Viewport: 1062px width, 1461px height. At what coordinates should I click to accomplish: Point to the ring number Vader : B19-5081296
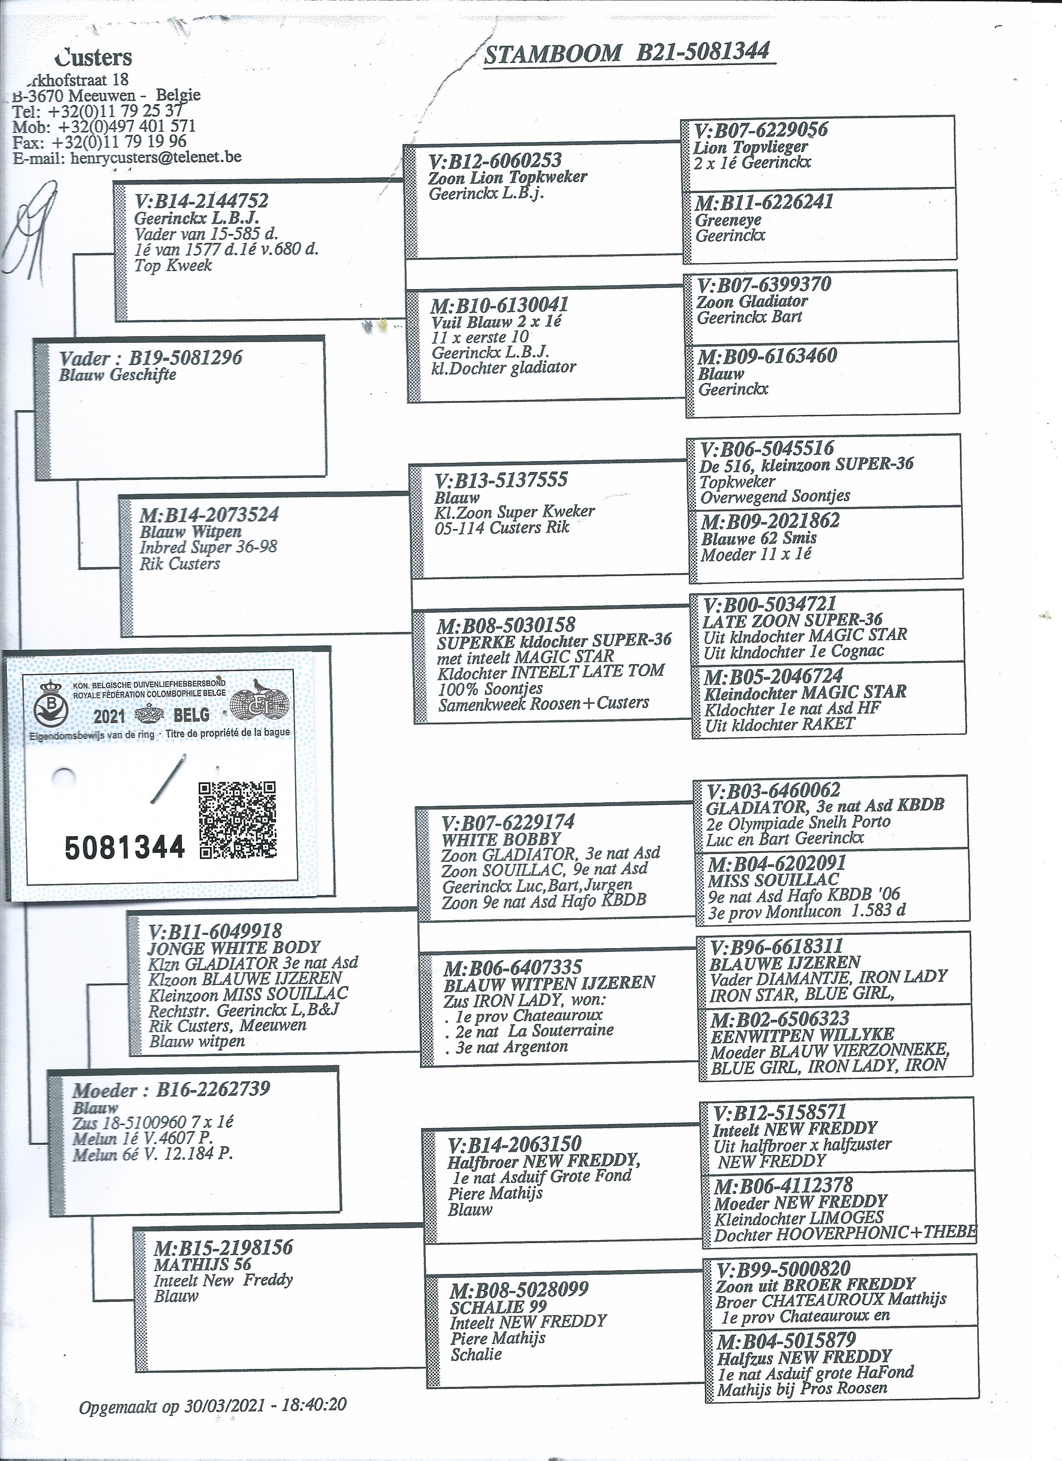(151, 358)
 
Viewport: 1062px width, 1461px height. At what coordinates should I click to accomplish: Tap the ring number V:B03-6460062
(773, 790)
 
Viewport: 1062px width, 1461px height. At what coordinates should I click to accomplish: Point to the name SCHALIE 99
(499, 1306)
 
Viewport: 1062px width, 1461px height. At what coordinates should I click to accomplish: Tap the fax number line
(100, 142)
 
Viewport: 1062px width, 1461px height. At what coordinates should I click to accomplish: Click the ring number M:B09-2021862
(770, 520)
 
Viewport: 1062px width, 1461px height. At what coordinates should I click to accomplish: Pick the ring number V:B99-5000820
(783, 1269)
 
